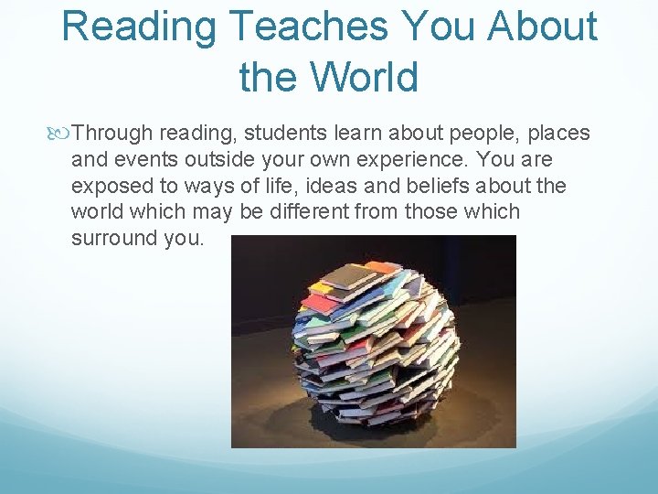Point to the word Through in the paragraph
click(112, 134)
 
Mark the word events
click(142, 160)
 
